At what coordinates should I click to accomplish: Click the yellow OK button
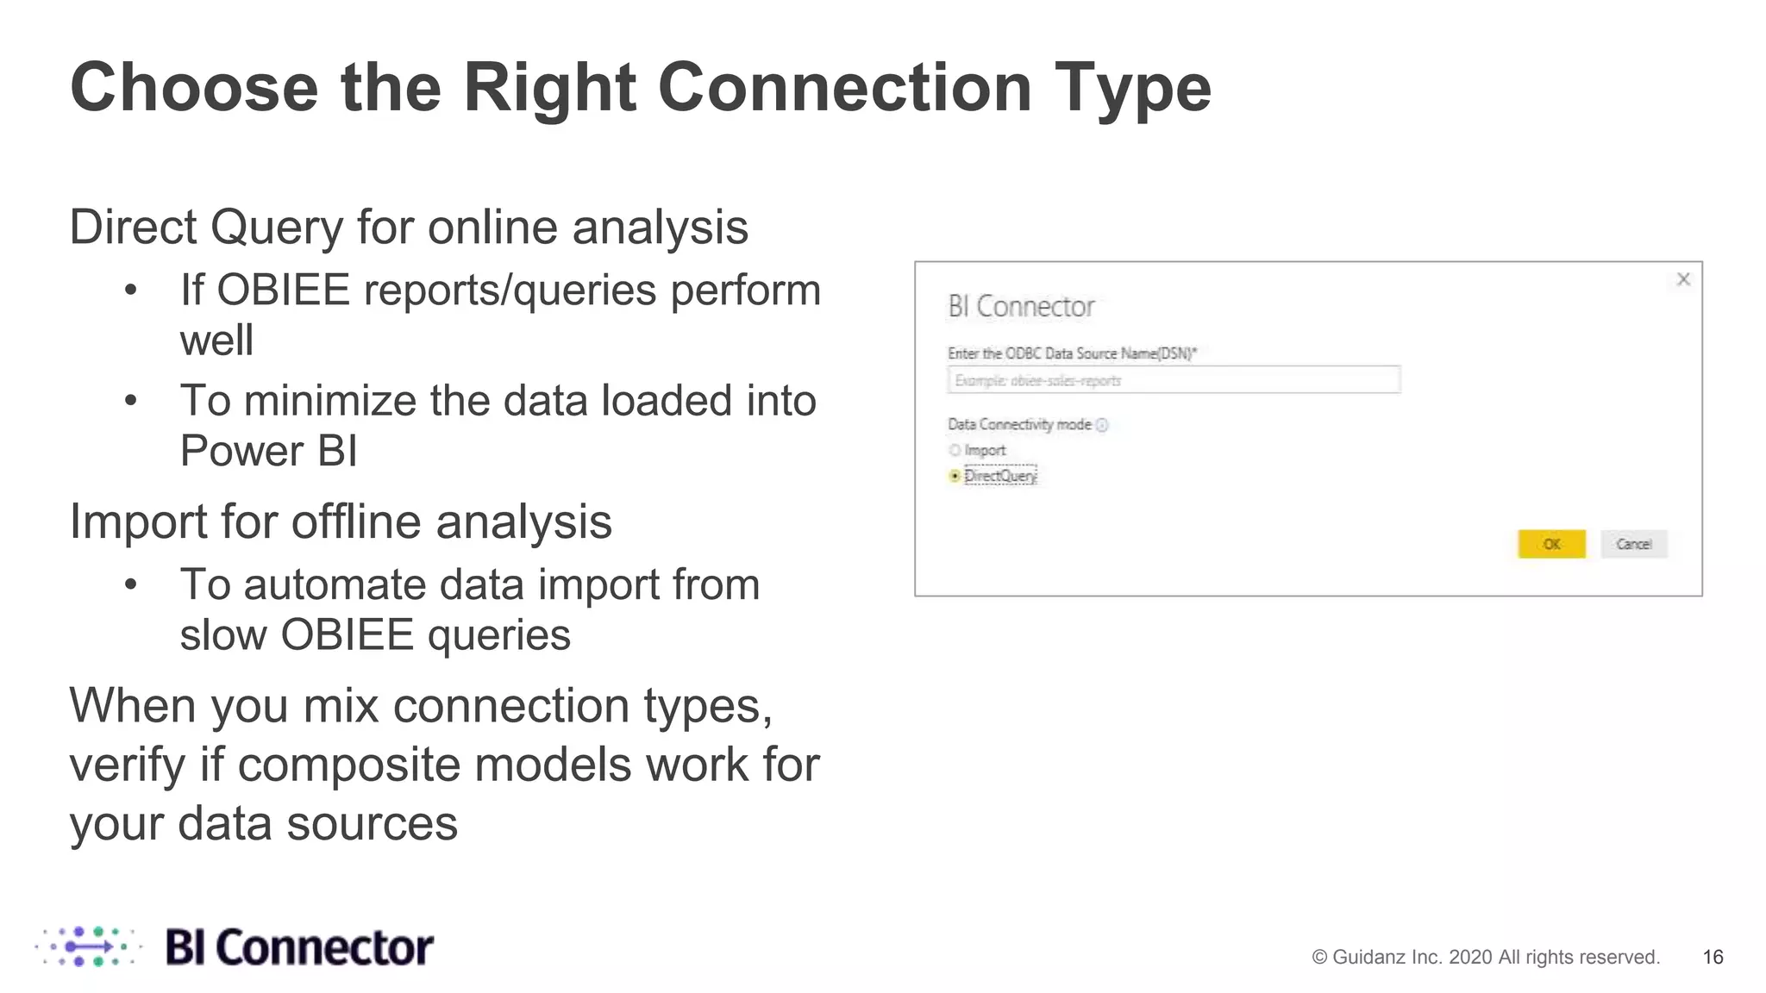pos(1551,544)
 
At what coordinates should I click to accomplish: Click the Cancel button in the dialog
pos(1633,544)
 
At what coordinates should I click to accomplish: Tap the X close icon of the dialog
pos(1683,279)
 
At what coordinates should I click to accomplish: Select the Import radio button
pos(955,450)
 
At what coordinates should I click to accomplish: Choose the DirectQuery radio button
pos(955,476)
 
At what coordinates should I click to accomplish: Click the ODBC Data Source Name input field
pos(1173,380)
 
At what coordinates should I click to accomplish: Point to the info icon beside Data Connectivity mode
pos(1102,425)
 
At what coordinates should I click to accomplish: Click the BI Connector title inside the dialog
pos(1021,307)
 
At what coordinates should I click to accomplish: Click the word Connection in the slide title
pos(844,88)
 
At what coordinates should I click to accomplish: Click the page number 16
pos(1713,957)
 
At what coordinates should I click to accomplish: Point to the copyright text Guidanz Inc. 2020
pos(1485,957)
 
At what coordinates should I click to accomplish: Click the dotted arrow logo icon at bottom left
pos(89,946)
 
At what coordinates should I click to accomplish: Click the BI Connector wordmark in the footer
pos(298,947)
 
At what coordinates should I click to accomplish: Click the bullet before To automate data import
pos(130,585)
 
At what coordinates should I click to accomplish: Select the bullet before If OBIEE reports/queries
pos(130,290)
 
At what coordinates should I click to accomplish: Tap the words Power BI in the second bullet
pos(268,451)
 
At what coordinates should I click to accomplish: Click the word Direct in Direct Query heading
pos(133,228)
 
